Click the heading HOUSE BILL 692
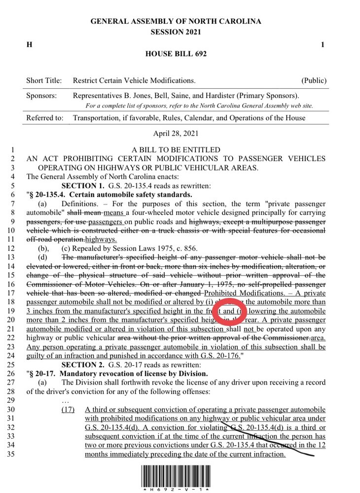(176, 54)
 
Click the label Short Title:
(44, 80)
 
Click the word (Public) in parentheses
(314, 80)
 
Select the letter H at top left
(29, 45)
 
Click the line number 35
(13, 454)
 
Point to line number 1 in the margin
(15, 149)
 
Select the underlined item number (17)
(68, 410)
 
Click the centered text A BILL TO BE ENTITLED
(176, 149)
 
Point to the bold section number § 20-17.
(46, 373)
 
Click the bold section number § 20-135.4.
(51, 194)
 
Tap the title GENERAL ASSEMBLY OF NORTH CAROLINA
(176, 22)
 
